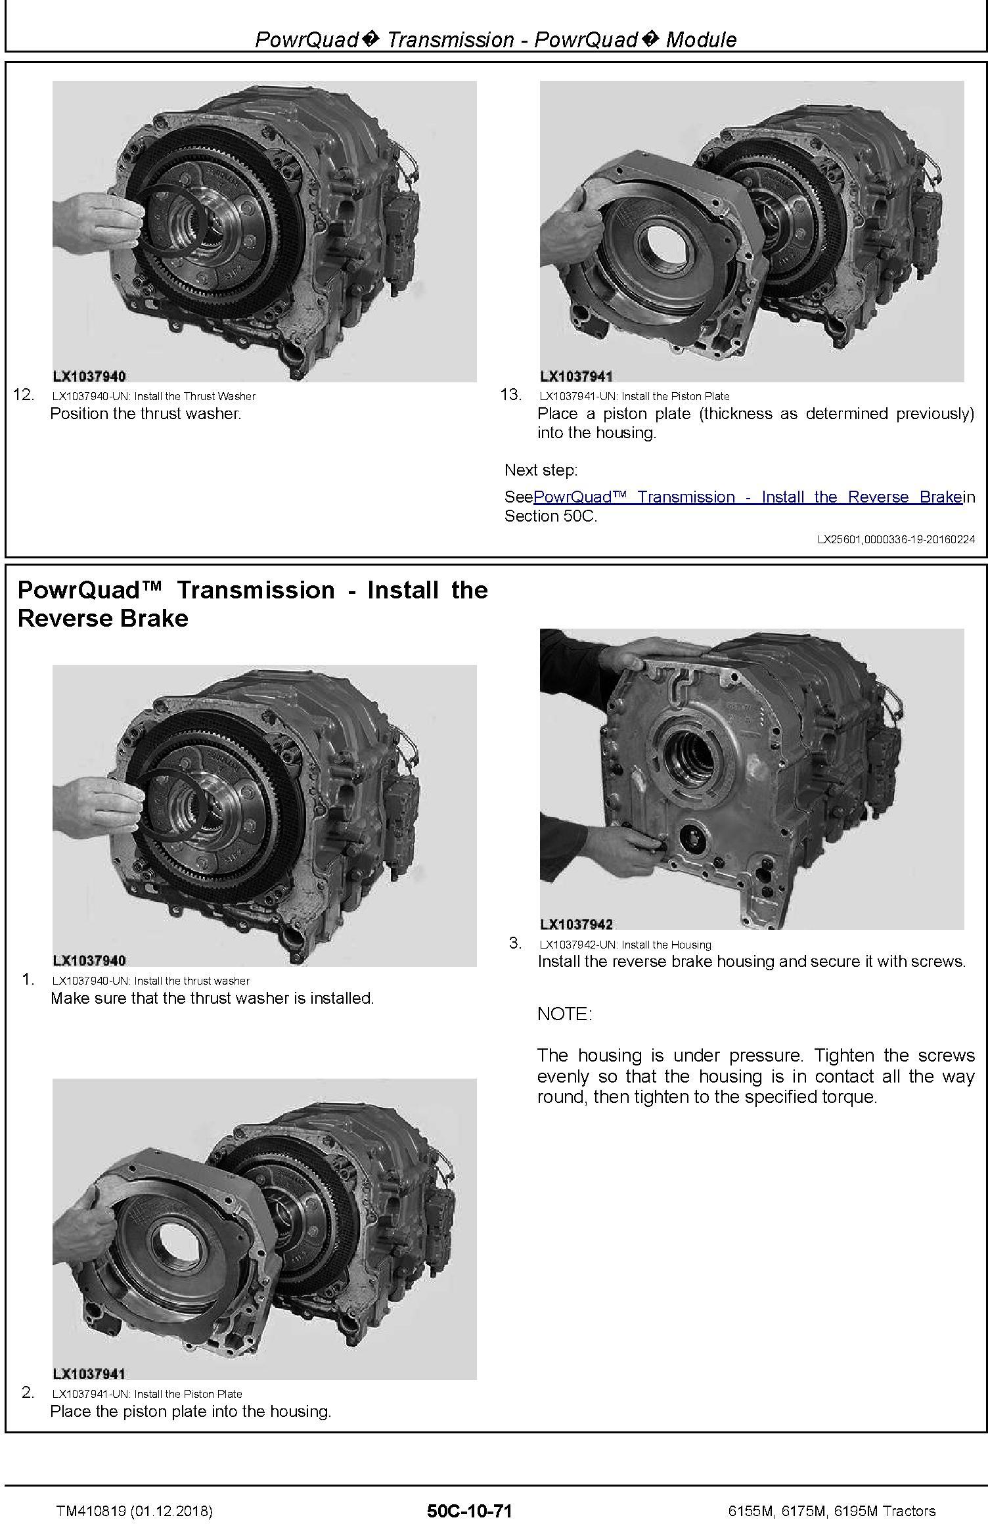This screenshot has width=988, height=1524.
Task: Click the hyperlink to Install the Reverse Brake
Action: click(x=748, y=497)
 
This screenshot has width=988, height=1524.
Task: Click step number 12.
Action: click(x=24, y=395)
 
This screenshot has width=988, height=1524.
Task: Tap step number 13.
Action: click(x=511, y=395)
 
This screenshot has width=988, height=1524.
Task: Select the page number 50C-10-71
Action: click(x=469, y=1511)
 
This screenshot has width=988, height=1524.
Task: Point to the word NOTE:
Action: click(x=565, y=1014)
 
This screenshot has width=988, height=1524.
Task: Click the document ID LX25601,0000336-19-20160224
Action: click(x=896, y=539)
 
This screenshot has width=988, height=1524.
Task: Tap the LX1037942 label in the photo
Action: click(x=577, y=924)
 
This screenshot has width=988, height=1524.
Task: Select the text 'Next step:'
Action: click(x=541, y=470)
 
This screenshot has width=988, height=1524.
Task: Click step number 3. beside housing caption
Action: click(x=516, y=943)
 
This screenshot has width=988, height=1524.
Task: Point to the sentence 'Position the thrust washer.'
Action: click(x=146, y=414)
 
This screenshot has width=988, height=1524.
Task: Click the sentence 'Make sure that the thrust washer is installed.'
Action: click(x=212, y=998)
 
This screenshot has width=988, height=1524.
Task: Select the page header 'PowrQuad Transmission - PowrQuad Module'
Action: click(x=495, y=39)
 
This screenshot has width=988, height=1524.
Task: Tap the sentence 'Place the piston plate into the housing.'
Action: click(x=191, y=1412)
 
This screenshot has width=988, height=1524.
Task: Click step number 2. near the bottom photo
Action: click(x=28, y=1392)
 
